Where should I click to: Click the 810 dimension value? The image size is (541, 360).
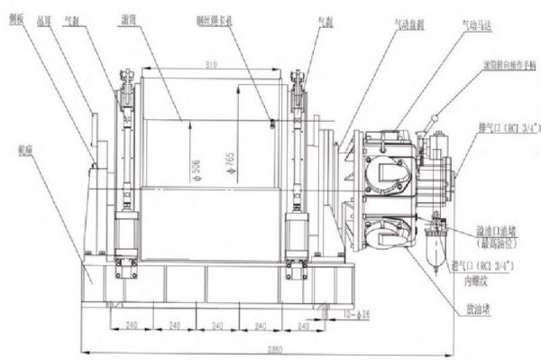pos(211,66)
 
